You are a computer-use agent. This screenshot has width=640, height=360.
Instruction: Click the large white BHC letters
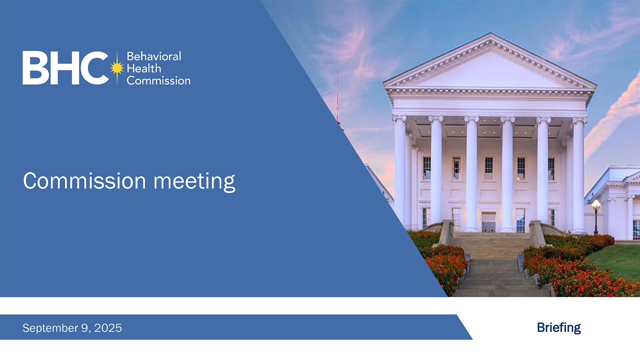(x=66, y=68)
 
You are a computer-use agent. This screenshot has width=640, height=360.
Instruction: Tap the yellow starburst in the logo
(x=117, y=68)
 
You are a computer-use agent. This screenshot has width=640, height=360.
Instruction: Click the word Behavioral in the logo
(x=154, y=56)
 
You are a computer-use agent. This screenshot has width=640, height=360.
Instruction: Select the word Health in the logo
(x=144, y=68)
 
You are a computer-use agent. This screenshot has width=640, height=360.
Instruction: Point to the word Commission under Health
(x=158, y=80)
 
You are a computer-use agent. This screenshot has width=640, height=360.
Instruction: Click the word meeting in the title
(x=194, y=181)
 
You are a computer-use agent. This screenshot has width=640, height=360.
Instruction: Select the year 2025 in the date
(x=108, y=328)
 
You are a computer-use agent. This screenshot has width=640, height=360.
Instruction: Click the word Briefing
(x=559, y=328)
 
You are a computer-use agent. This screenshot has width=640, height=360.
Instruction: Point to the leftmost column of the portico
(x=400, y=172)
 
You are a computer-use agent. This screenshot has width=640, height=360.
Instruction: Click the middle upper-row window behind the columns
(x=489, y=168)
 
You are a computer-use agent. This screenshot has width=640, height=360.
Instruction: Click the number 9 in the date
(x=84, y=328)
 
